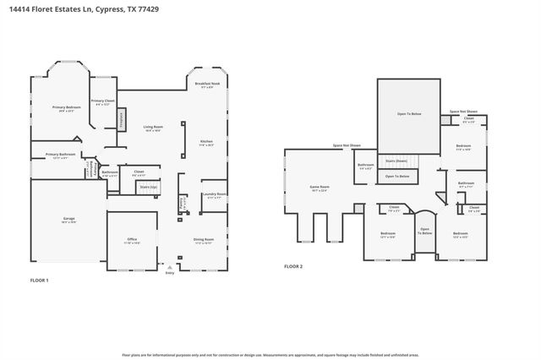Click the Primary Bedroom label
pos(67,108)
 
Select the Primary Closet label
pos(102,103)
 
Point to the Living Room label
pos(153,128)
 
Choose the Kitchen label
pos(206,143)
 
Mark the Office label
pos(132,241)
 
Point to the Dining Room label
pos(204,241)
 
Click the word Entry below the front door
pos(170,273)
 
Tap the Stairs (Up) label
pos(148,186)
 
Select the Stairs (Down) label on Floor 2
pos(396,161)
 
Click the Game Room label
pos(320,188)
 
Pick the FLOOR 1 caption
pos(40,280)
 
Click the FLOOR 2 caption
pos(293,266)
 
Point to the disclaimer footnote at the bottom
pos(270,356)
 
